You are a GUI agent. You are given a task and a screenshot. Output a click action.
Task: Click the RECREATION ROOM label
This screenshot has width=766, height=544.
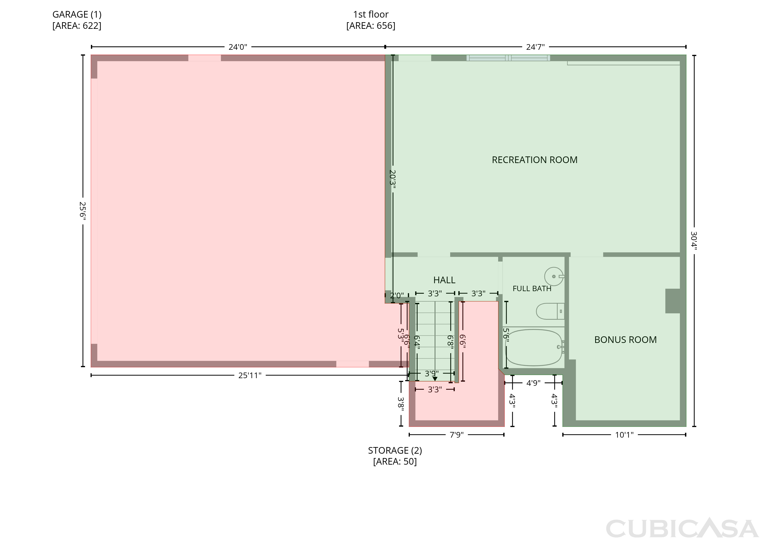pos(534,160)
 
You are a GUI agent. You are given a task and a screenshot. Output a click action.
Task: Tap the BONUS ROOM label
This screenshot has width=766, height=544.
pos(625,340)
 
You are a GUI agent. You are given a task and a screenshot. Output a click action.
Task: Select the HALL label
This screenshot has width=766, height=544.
pos(444,280)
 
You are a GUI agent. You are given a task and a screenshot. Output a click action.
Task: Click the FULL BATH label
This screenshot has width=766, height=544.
pos(532,288)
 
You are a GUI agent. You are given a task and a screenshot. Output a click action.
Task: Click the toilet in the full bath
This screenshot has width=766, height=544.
pos(550,311)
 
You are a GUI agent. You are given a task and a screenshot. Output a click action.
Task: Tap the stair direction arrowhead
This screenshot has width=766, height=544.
pos(435,379)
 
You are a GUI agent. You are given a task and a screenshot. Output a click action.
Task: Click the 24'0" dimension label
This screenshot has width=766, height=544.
pos(238,47)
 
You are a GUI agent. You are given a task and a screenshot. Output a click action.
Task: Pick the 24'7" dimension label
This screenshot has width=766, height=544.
pos(535,47)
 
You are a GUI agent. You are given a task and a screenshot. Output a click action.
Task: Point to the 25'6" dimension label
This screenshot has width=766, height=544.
pos(82,211)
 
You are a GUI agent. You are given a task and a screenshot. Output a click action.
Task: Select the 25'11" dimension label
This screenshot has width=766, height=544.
pos(250,376)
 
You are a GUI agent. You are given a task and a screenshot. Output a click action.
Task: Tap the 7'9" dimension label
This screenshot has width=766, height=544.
pos(457,435)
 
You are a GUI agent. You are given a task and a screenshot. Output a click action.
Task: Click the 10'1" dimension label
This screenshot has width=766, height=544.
pos(624,435)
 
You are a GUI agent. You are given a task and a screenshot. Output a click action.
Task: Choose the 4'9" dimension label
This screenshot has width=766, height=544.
pos(533,383)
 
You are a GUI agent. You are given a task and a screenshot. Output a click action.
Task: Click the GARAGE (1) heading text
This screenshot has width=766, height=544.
pos(77,14)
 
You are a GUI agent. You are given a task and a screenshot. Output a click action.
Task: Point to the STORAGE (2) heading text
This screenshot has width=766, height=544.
pos(395,451)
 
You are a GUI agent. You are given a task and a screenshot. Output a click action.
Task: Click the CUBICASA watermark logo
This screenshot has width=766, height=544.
pos(682,529)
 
